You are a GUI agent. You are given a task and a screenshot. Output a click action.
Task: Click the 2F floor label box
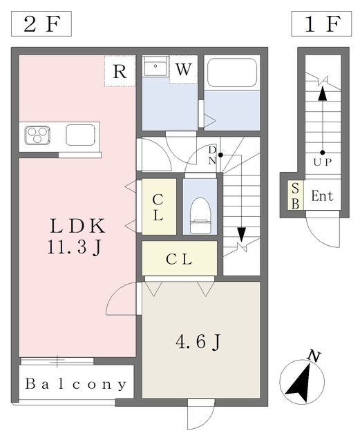tap(41, 24)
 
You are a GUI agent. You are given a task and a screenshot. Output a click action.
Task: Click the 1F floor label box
tap(321, 24)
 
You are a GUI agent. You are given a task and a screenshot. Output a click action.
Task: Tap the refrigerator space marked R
tap(120, 70)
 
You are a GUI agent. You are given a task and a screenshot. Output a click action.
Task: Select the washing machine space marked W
tap(183, 69)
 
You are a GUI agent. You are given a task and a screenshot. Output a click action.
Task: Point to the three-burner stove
tap(37, 135)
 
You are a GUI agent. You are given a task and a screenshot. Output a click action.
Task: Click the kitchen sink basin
tap(80, 135)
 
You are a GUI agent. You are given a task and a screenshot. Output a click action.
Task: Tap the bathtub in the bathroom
tap(232, 73)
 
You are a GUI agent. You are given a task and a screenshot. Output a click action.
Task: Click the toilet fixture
tap(200, 215)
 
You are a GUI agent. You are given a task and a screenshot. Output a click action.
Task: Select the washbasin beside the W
tap(155, 66)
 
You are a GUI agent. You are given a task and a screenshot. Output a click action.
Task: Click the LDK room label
tap(77, 226)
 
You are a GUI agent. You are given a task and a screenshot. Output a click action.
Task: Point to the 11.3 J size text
tap(74, 247)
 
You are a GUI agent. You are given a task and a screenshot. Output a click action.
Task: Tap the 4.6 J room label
tap(198, 342)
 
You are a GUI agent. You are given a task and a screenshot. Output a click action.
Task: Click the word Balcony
tap(75, 384)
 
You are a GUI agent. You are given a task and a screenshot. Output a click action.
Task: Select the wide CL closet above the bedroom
tap(180, 258)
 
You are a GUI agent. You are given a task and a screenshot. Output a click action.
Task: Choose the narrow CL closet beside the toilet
tap(159, 206)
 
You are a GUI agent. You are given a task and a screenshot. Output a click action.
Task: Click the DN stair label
tap(212, 155)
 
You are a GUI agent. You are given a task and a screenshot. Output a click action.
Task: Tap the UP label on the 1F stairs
tap(323, 162)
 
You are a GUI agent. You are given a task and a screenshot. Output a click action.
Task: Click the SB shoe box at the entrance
tap(295, 195)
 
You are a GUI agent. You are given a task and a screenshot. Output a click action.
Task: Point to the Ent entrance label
tap(322, 195)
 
